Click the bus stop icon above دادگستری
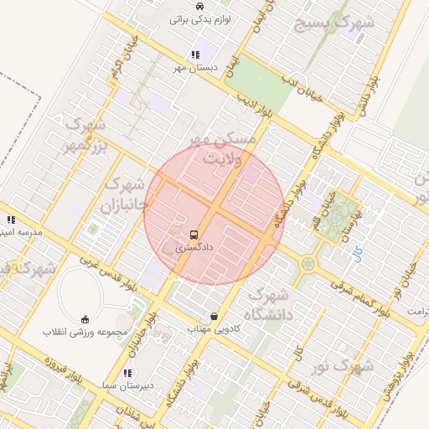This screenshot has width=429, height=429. [194, 235]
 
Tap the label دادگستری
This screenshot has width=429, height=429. [194, 249]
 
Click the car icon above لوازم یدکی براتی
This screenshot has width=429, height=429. [199, 5]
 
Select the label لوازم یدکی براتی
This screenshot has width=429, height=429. [200, 18]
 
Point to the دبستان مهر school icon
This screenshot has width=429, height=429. [195, 54]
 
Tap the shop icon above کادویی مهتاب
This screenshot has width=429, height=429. [215, 317]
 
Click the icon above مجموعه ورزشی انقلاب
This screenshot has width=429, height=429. [85, 318]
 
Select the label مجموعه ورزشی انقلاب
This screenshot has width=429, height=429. [85, 332]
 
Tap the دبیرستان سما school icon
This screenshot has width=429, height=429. [127, 372]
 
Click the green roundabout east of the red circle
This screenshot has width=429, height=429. [308, 264]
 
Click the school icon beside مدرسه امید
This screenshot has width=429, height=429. [11, 220]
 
